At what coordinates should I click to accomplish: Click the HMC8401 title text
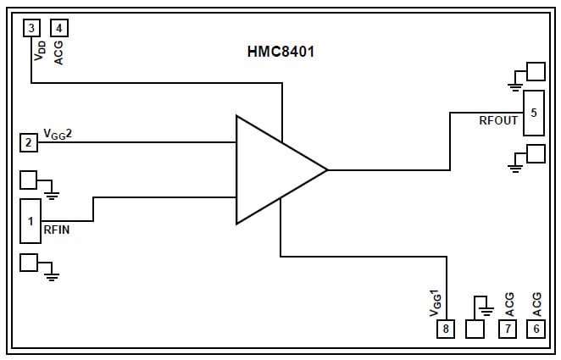tap(280, 53)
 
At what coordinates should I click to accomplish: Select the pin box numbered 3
tap(31, 28)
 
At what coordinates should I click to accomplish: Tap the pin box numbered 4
tap(58, 28)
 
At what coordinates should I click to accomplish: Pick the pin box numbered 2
tap(29, 142)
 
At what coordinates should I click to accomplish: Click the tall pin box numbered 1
tap(31, 221)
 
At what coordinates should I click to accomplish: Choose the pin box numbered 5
tap(533, 113)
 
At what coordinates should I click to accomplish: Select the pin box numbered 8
tap(446, 329)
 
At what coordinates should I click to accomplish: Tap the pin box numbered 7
tap(508, 329)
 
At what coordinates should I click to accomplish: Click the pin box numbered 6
tap(535, 329)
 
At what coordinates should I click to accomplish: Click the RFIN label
tap(57, 230)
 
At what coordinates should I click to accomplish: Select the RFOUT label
tap(498, 120)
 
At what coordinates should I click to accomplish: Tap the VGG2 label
tap(63, 133)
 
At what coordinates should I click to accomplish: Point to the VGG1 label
tap(436, 302)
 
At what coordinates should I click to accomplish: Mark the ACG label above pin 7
tap(508, 304)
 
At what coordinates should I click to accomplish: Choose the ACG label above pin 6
tap(536, 304)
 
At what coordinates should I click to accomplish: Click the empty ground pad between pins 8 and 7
tap(475, 329)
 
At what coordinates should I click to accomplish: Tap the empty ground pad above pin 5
tap(536, 71)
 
